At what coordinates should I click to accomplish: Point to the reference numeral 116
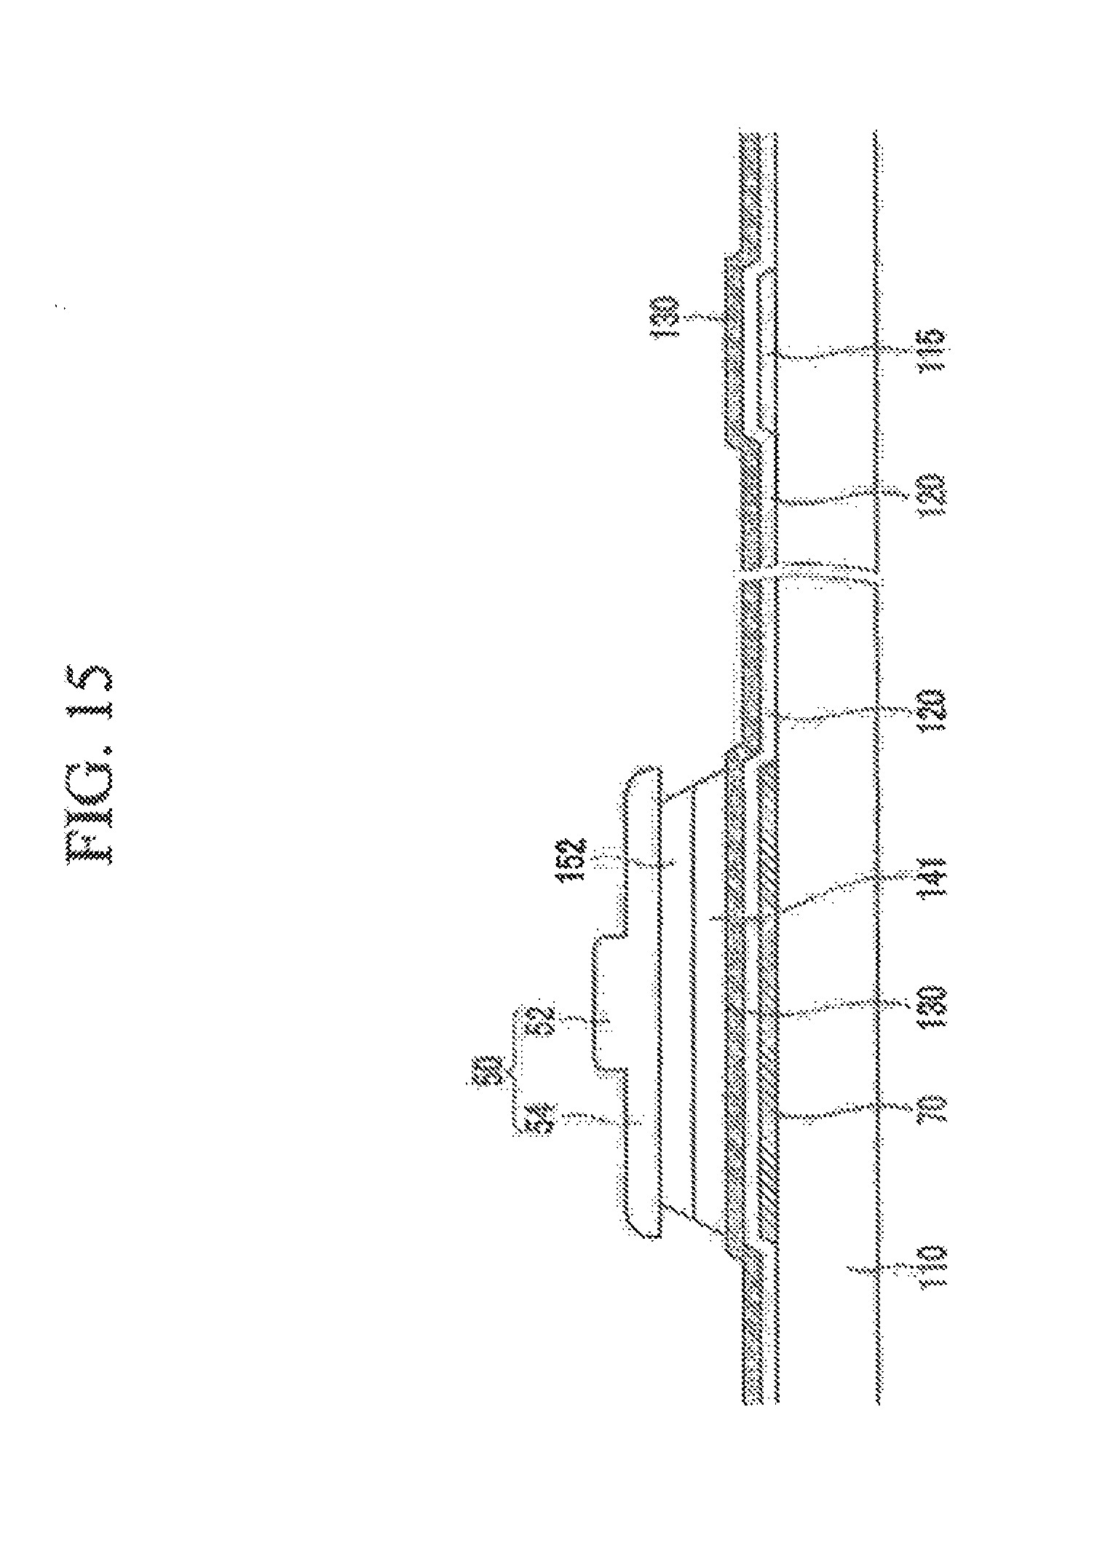[932, 350]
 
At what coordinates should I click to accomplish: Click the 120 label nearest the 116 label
[932, 496]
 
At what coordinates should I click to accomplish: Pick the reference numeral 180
[932, 1007]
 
